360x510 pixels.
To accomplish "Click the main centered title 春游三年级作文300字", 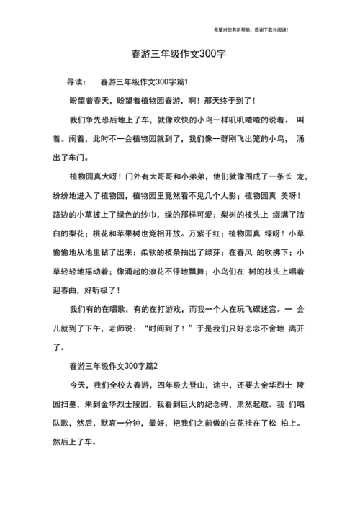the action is (x=179, y=54).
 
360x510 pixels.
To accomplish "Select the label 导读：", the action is (x=77, y=81).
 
